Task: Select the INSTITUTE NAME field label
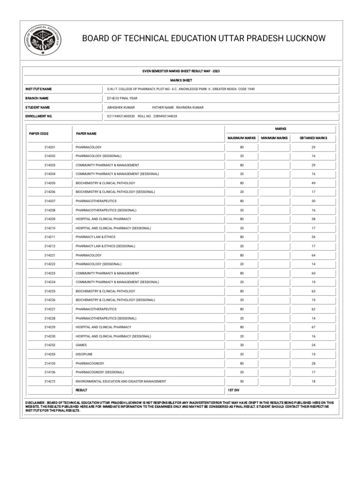[x=38, y=89]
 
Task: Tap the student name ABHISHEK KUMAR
[x=121, y=107]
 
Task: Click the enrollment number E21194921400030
[x=121, y=116]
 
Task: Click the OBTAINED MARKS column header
[x=313, y=138]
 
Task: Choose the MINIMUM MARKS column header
[x=274, y=138]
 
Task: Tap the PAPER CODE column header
[x=39, y=134]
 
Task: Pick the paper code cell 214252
[x=50, y=345]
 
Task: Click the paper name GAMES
[x=81, y=345]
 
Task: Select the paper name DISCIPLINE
[x=84, y=354]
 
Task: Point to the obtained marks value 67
[x=313, y=327]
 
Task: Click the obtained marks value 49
[x=313, y=183]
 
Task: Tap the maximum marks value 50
[x=242, y=382]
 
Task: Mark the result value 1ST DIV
[x=234, y=390]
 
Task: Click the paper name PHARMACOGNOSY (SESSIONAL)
[x=100, y=372]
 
